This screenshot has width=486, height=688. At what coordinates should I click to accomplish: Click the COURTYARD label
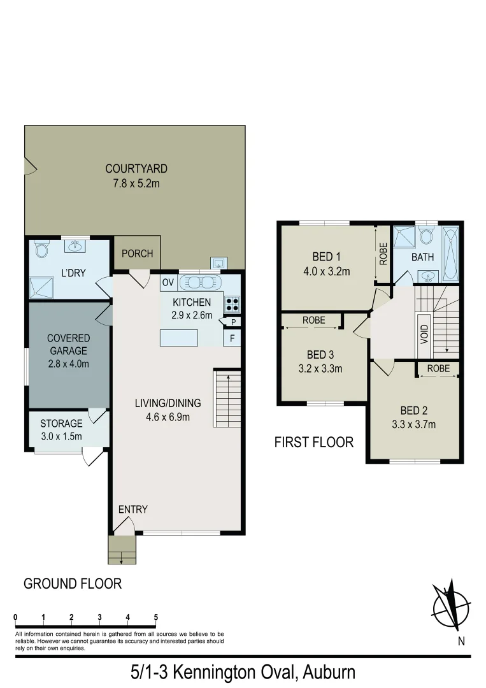click(136, 169)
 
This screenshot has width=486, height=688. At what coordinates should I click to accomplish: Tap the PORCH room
click(137, 254)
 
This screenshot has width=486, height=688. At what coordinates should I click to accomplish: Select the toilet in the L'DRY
click(42, 249)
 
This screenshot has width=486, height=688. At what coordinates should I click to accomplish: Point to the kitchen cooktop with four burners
click(231, 304)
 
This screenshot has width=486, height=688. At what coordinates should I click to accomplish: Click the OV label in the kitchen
click(168, 282)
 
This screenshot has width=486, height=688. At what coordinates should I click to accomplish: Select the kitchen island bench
click(179, 338)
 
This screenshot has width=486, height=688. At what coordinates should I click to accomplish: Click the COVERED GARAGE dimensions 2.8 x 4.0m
click(68, 364)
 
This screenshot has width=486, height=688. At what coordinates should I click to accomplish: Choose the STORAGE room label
click(61, 424)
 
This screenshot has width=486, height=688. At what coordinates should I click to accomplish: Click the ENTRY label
click(132, 509)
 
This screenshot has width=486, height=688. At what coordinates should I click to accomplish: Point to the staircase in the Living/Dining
click(227, 398)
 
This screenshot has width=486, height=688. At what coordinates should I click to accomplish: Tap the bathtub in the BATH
click(450, 255)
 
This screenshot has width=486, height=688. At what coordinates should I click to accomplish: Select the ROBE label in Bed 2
click(438, 368)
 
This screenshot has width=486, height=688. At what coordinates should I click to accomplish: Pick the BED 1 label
click(324, 257)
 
